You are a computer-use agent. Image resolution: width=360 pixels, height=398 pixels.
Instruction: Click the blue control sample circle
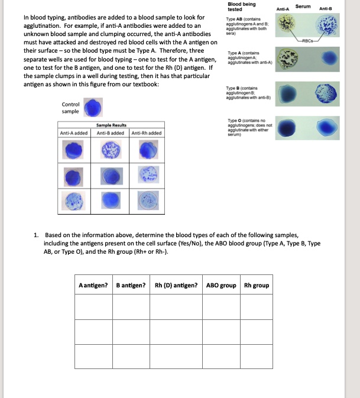point(93,108)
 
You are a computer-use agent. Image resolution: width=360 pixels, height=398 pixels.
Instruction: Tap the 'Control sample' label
point(70,108)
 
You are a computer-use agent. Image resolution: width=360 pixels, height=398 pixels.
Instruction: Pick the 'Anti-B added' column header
point(112,133)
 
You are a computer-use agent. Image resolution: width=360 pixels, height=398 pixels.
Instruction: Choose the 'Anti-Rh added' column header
point(147,133)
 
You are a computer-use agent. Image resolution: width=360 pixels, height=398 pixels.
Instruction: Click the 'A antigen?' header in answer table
point(93,286)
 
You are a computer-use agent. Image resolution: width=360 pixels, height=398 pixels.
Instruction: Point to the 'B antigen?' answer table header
point(131,286)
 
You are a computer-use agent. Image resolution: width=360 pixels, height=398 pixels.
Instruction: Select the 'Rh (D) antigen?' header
point(176,286)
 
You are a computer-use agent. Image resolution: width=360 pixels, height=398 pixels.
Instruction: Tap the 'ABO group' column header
point(221,286)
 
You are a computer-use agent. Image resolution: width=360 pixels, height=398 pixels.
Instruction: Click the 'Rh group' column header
point(257,286)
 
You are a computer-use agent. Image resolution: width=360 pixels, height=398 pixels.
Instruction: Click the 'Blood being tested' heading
point(242,7)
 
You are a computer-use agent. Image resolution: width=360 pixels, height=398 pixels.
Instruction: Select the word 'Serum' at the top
point(303,5)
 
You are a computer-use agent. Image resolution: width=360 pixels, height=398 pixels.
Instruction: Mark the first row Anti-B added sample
point(111,151)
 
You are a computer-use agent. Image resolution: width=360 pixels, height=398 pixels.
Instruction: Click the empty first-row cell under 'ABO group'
point(221,306)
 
